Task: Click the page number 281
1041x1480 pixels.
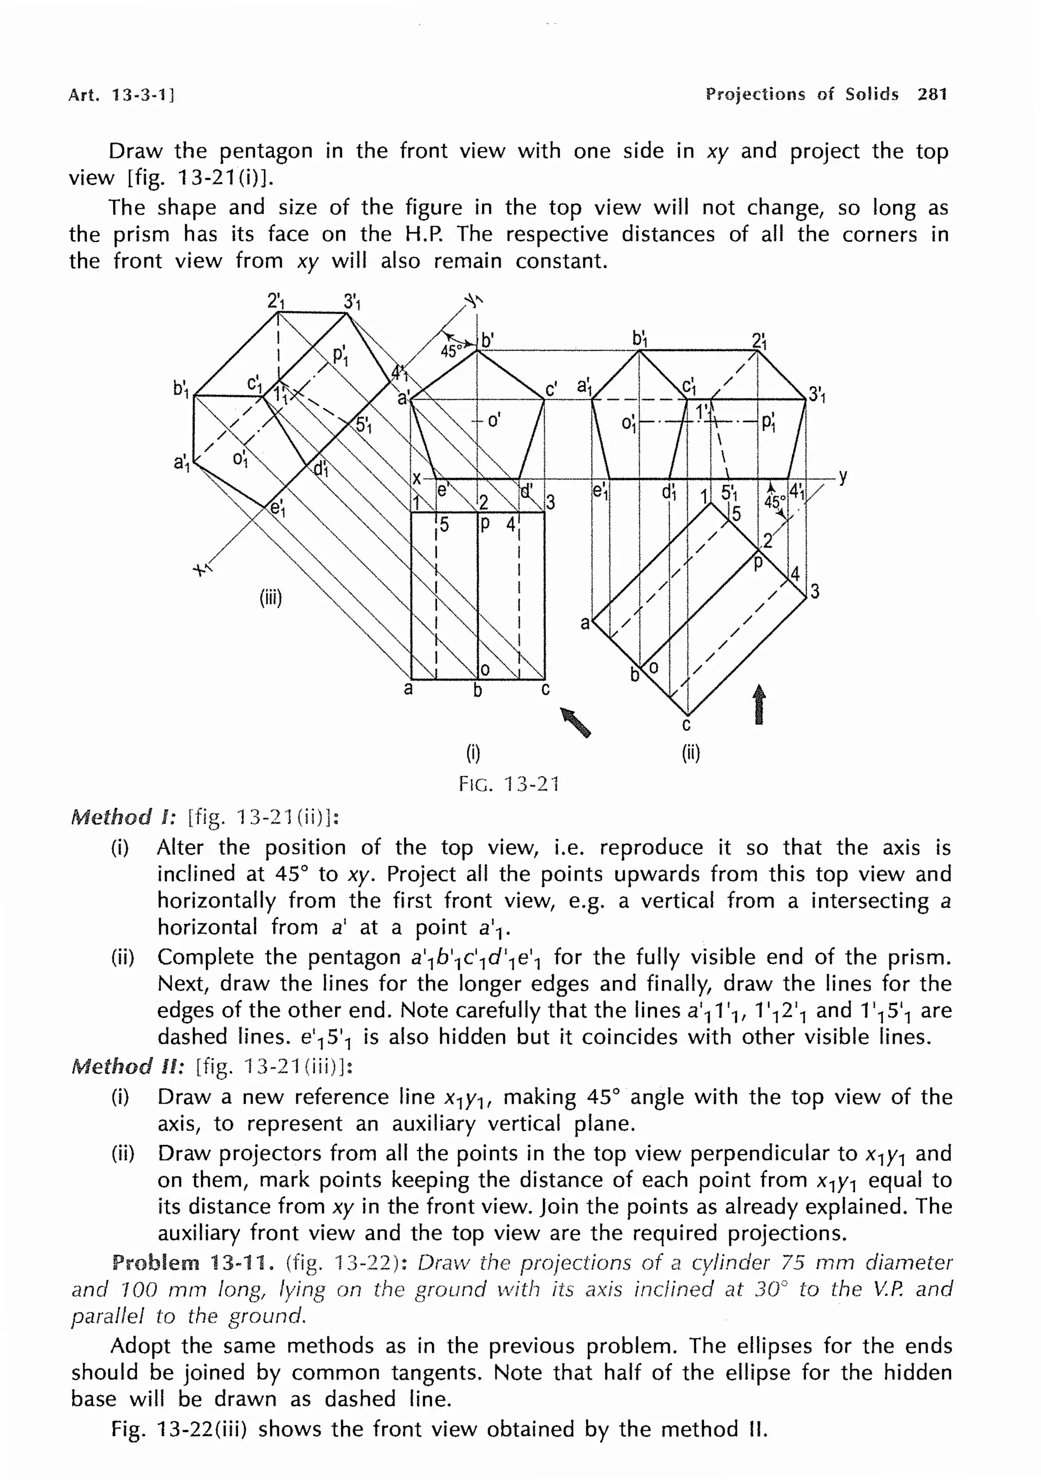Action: (932, 95)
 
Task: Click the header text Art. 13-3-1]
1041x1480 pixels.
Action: (121, 95)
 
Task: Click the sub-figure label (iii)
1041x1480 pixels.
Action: (271, 598)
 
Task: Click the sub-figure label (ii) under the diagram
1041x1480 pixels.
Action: (691, 753)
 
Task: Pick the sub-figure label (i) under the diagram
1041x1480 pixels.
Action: (473, 753)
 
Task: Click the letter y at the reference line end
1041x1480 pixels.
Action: (843, 477)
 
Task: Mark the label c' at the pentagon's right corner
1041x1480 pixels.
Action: (552, 390)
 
